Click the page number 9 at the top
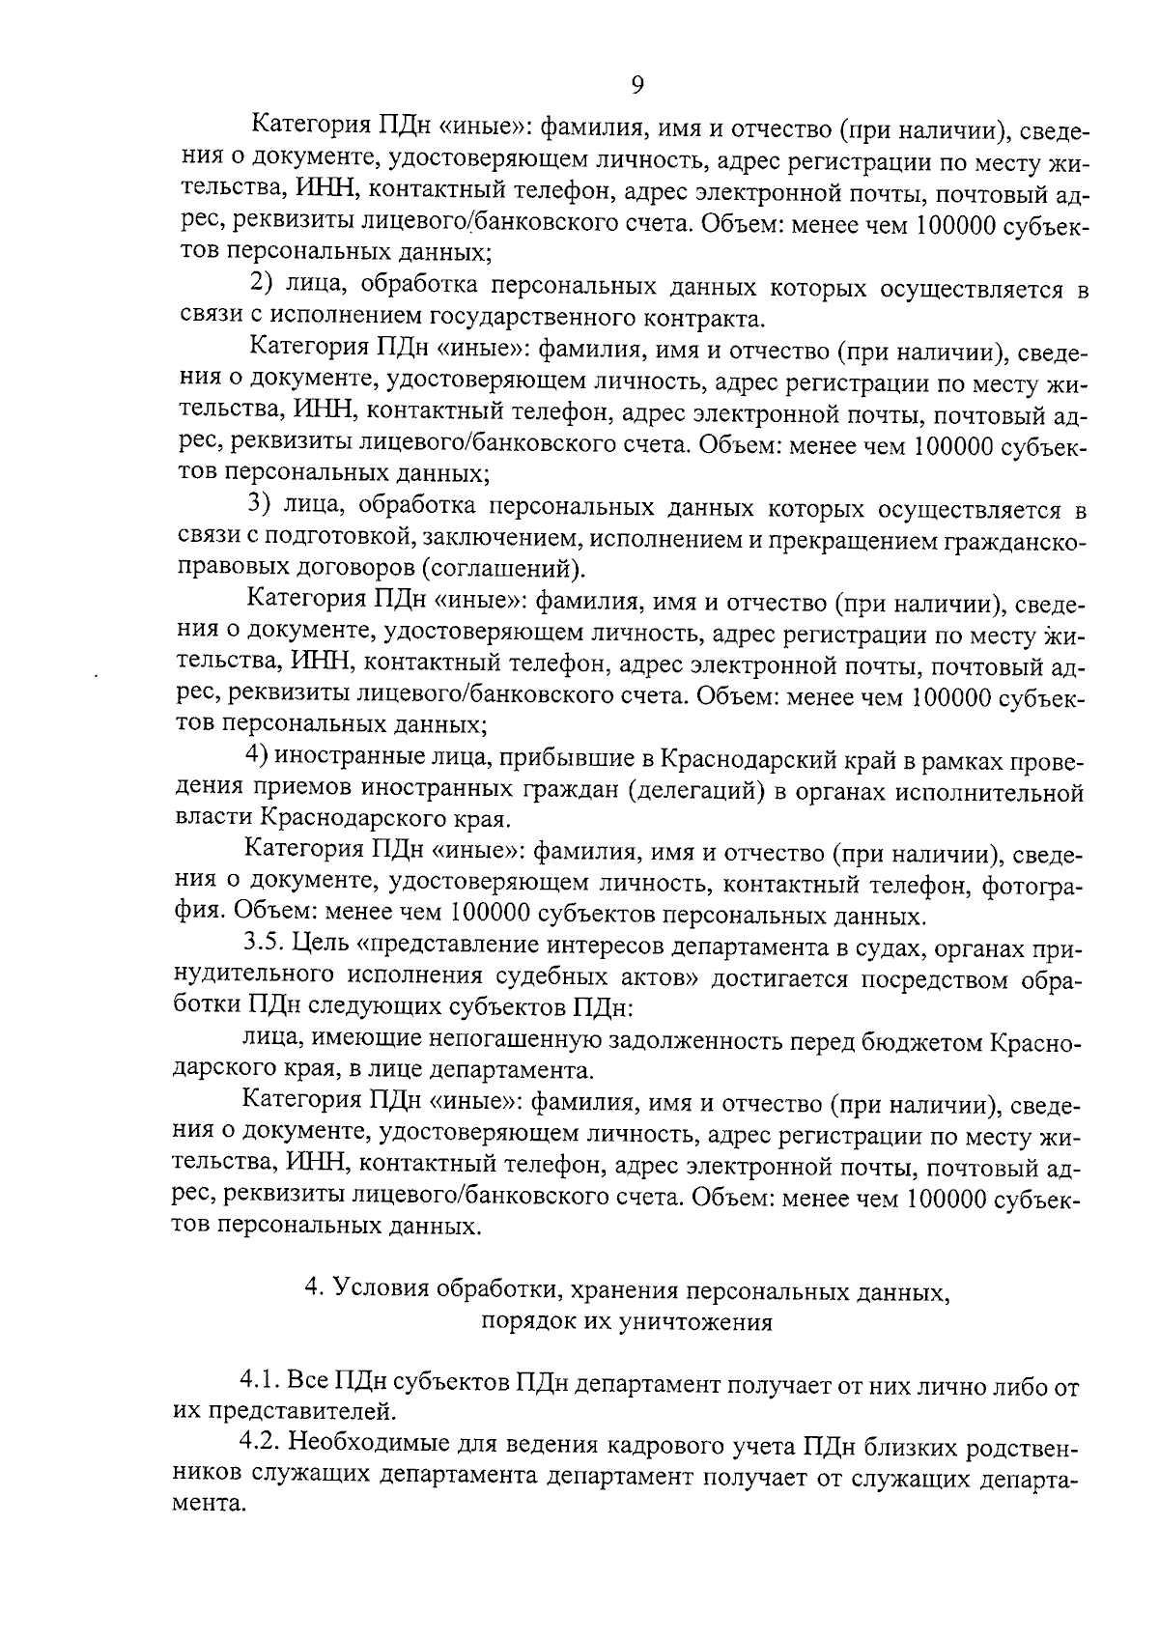pos(637,85)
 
